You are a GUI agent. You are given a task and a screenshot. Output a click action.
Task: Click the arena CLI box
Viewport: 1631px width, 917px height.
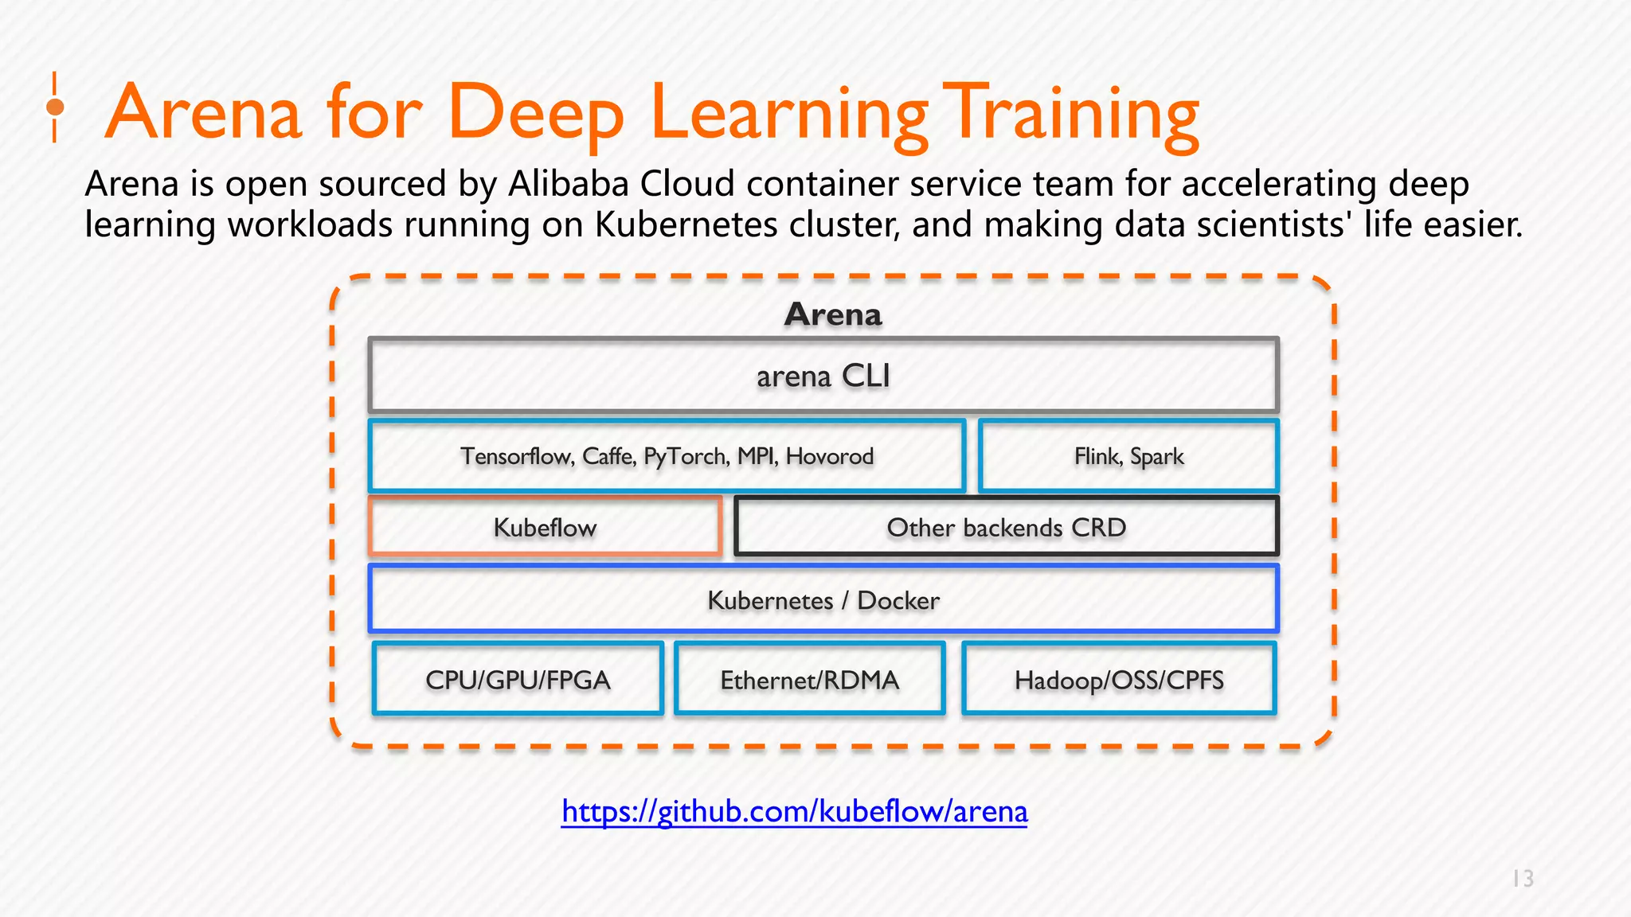click(x=823, y=376)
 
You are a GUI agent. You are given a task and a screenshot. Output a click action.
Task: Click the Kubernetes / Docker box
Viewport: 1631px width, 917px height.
click(x=823, y=600)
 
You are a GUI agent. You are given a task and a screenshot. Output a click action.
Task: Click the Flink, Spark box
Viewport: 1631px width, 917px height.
click(x=1128, y=457)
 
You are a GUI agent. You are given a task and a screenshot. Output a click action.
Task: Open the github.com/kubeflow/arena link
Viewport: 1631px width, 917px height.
click(x=794, y=811)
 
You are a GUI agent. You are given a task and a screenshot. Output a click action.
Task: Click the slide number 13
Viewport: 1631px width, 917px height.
click(x=1523, y=879)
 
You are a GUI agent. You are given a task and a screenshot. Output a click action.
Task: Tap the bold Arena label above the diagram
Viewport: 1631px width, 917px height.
click(x=833, y=314)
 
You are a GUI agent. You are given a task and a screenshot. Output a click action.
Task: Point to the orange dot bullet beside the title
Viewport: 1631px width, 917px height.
click(x=55, y=107)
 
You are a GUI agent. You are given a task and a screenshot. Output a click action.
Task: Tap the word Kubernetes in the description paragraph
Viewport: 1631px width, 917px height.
click(x=686, y=225)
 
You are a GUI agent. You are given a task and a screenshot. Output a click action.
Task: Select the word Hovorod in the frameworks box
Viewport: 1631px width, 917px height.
click(x=830, y=457)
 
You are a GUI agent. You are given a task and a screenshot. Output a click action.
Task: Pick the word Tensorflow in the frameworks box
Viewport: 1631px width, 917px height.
click(x=516, y=457)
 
